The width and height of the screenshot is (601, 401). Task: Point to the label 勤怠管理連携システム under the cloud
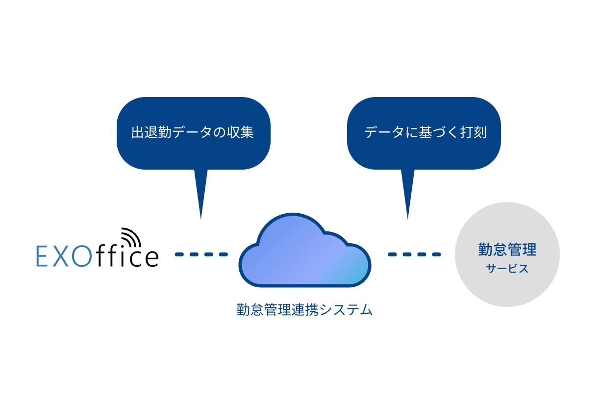pos(304,310)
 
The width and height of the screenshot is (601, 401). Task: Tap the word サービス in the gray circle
pos(507,269)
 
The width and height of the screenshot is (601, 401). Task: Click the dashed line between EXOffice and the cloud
pos(201,254)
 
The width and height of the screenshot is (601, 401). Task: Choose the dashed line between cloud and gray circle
pos(414,254)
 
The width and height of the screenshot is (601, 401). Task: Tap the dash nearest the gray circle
pos(436,254)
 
